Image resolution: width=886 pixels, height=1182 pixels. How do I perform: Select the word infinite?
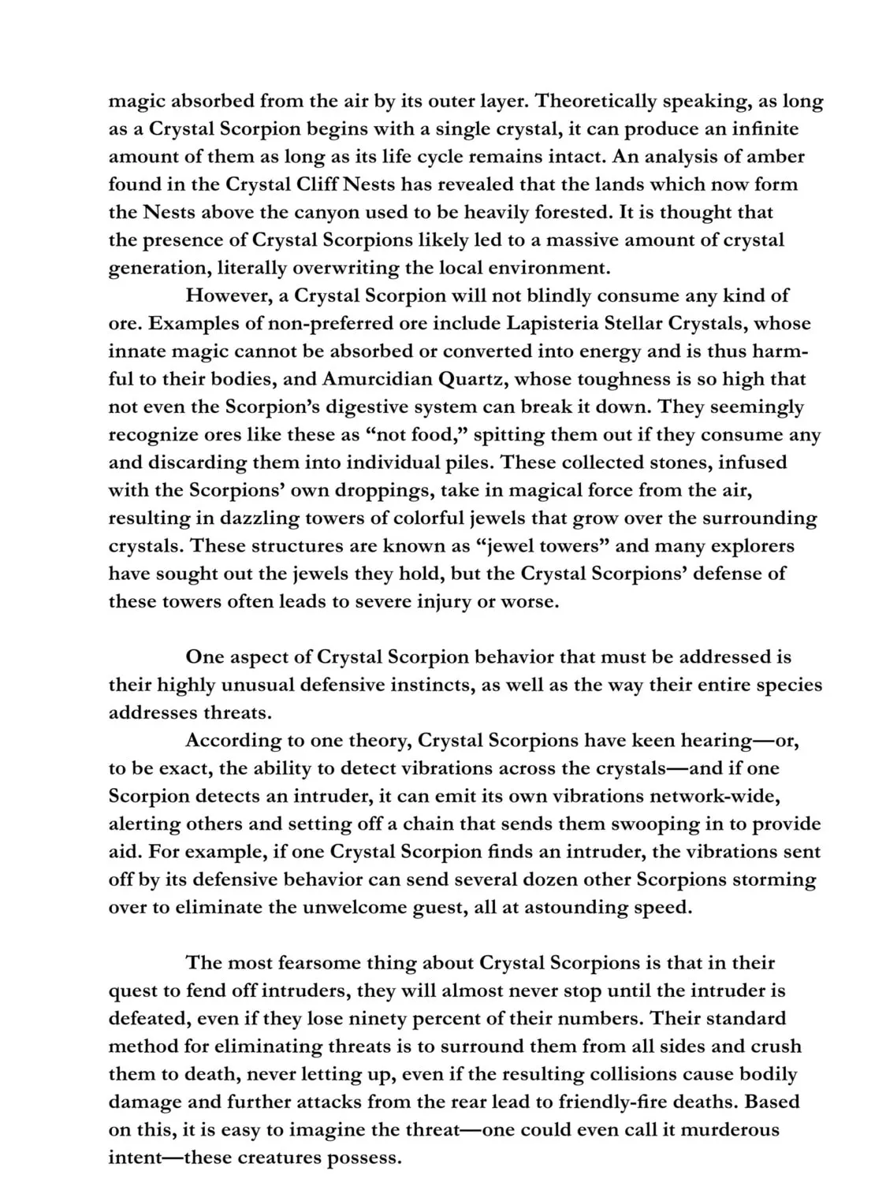(764, 128)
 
